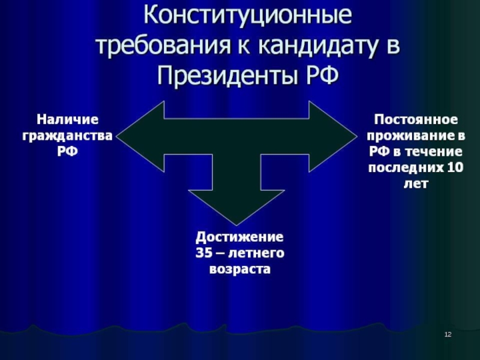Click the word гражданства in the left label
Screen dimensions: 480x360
pyautogui.click(x=67, y=136)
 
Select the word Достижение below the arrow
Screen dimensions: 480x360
pyautogui.click(x=240, y=238)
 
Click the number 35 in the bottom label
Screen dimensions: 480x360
pyautogui.click(x=204, y=254)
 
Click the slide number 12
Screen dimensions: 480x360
pyautogui.click(x=448, y=334)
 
